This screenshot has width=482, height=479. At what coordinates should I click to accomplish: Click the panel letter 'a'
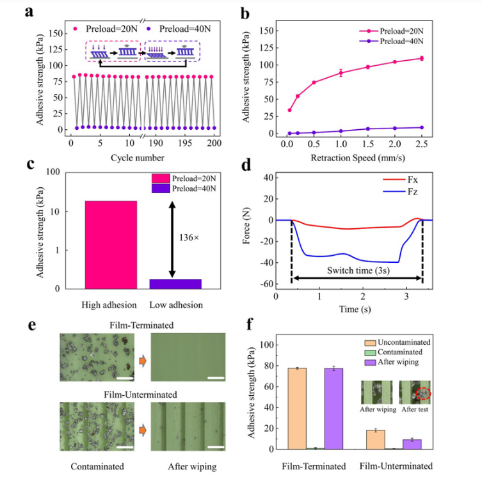coord(29,12)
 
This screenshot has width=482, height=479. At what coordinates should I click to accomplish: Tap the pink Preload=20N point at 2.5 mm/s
coord(422,58)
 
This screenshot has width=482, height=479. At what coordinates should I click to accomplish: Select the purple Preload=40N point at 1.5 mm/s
coord(367,129)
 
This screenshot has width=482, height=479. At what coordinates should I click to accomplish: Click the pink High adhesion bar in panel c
coord(111,245)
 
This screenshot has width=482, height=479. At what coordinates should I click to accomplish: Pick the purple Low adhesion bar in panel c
coord(175,284)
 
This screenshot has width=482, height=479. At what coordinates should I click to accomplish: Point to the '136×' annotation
coord(189,238)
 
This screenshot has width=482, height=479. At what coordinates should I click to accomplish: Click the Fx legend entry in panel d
coord(400,179)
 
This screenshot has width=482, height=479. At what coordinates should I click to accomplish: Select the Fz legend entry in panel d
coord(400,192)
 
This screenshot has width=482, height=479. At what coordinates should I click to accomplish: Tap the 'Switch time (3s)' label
coord(358,271)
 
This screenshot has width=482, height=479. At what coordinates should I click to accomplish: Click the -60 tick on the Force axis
coord(267,284)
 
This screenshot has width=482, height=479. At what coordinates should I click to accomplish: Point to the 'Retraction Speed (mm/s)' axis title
coord(358,158)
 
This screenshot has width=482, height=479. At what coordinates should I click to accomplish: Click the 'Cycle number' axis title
coord(138,158)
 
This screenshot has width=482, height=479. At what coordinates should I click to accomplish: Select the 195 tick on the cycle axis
coord(185,143)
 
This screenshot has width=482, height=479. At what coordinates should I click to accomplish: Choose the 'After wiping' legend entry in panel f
coord(392,362)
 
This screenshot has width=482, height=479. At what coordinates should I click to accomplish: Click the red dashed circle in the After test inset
coord(423,393)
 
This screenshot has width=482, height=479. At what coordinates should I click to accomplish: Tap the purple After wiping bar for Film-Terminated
coord(333,409)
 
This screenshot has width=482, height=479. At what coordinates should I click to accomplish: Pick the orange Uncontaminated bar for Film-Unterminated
coord(376,440)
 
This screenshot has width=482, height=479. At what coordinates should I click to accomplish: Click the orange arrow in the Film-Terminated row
coord(143,361)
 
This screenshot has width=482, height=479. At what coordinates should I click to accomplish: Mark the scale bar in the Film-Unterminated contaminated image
coord(125,447)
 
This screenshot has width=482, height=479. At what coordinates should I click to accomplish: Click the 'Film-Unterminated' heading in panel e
coord(140,395)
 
